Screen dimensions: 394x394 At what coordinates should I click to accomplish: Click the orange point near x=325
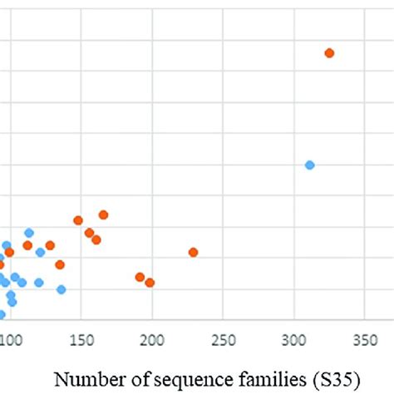pyautogui.click(x=329, y=53)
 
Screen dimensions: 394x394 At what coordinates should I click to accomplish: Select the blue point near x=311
pyautogui.click(x=309, y=165)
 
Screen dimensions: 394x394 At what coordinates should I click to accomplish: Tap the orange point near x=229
pyautogui.click(x=194, y=252)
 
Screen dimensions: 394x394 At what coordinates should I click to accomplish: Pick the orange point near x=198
pyautogui.click(x=150, y=283)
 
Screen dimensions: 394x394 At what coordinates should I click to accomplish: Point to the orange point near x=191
pyautogui.click(x=140, y=277)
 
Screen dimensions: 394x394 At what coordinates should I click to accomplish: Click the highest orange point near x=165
pyautogui.click(x=104, y=214)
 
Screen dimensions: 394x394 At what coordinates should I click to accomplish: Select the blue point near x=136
pyautogui.click(x=62, y=289)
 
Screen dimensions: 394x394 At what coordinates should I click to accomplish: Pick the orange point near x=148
pyautogui.click(x=78, y=220)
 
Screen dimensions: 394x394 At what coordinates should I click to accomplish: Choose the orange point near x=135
pyautogui.click(x=60, y=264)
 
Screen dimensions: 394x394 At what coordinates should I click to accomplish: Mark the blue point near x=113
pyautogui.click(x=29, y=233)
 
